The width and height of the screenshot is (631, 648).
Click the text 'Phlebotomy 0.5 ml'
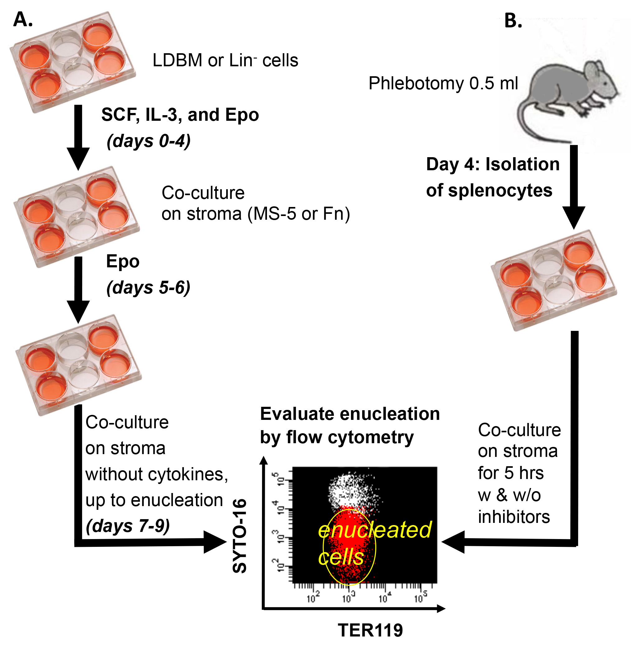pyautogui.click(x=443, y=83)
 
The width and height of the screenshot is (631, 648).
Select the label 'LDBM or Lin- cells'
pyautogui.click(x=225, y=60)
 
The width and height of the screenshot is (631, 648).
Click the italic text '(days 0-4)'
pyautogui.click(x=148, y=141)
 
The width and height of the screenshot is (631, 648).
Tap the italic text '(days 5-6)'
pyautogui.click(x=148, y=287)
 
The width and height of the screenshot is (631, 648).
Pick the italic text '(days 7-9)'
pyautogui.click(x=128, y=526)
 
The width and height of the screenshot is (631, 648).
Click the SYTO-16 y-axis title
pyautogui.click(x=240, y=536)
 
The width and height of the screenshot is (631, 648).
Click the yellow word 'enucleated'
pyautogui.click(x=375, y=530)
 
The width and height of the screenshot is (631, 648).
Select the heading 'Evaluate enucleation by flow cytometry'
pyautogui.click(x=350, y=425)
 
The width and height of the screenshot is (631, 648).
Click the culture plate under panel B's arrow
pyautogui.click(x=554, y=280)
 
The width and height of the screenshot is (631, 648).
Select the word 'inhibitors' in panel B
pyautogui.click(x=514, y=517)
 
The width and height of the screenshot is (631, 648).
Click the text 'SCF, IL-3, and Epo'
pyautogui.click(x=180, y=115)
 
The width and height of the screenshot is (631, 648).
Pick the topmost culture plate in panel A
pyautogui.click(x=72, y=62)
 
